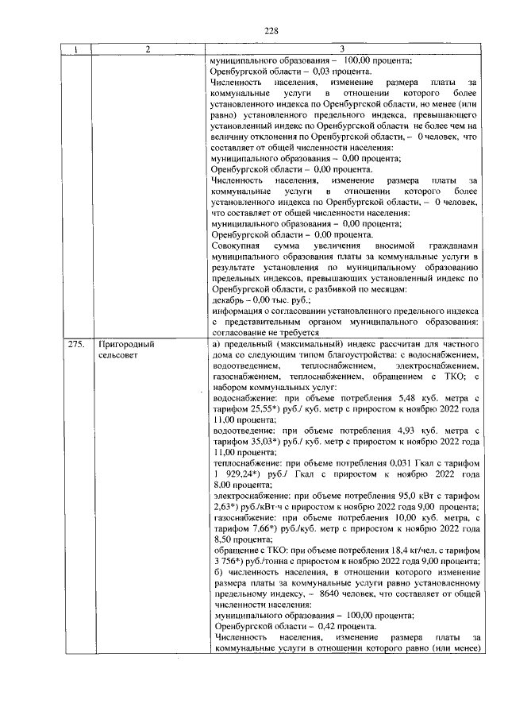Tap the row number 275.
tap(76, 346)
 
